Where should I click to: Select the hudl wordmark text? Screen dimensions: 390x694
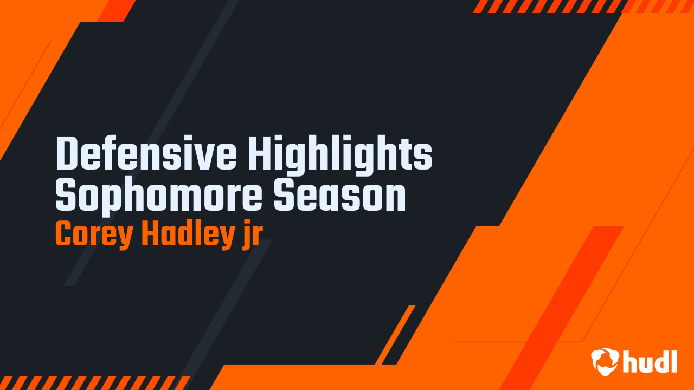[651, 361]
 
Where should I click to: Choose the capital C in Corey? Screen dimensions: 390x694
[63, 234]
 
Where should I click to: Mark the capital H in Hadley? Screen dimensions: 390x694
[150, 234]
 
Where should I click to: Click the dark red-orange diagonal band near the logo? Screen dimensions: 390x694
[564, 303]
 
